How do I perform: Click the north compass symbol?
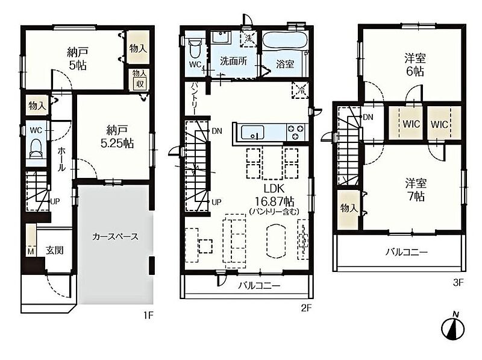[453, 327]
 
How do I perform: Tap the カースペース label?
[115, 236]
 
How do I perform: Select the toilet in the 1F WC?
[36, 148]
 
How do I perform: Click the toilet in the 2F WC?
[194, 49]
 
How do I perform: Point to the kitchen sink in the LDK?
[252, 133]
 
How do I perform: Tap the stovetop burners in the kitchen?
[296, 132]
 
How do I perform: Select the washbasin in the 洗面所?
[221, 38]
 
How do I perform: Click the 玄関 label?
[55, 250]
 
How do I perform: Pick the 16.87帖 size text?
[275, 201]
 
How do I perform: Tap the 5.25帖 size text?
[117, 144]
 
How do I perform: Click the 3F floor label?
[458, 282]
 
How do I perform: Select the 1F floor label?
[148, 315]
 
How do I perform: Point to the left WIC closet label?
[412, 124]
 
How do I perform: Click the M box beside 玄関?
[31, 251]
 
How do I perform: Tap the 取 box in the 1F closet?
[140, 83]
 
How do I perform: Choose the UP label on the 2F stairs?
[216, 202]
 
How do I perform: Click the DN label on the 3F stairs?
[368, 117]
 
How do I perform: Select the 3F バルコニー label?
[407, 253]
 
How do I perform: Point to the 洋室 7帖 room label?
[415, 190]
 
